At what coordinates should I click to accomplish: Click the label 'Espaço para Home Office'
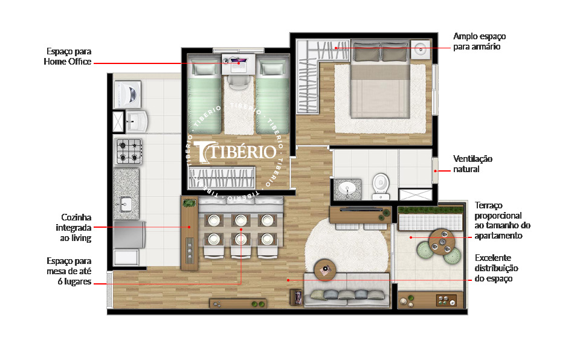point(67,56)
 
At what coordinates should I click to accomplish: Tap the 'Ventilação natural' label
point(472,164)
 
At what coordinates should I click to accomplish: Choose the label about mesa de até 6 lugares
point(69,271)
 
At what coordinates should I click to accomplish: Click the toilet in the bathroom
point(381,184)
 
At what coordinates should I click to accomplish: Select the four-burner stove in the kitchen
point(129,150)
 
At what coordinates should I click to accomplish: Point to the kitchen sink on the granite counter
point(126,203)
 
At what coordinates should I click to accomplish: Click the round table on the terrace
point(442,242)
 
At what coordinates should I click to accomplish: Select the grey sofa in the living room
point(346,291)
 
